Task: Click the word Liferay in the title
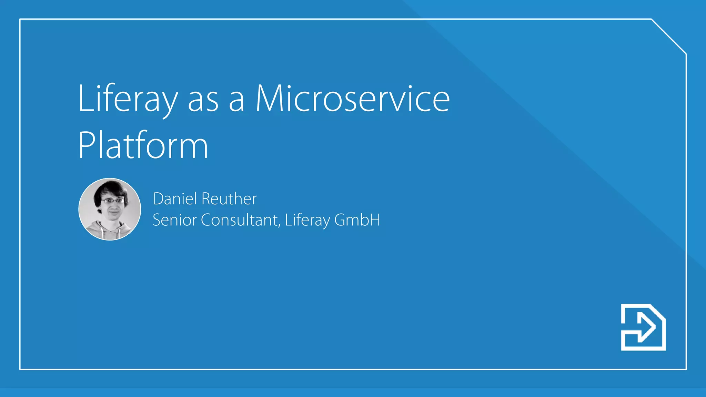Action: pos(128,99)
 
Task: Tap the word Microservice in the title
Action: pos(352,99)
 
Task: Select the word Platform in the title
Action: pos(143,145)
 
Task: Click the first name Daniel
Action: pos(175,199)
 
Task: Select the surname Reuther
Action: pos(229,199)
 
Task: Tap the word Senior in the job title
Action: pos(174,220)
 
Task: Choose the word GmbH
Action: pos(357,220)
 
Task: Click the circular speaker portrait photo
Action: pos(110,209)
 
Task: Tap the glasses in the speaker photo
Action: pos(112,201)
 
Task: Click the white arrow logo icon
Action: pos(643,327)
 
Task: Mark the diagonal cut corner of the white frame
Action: pos(669,37)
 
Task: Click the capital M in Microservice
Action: pos(270,99)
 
